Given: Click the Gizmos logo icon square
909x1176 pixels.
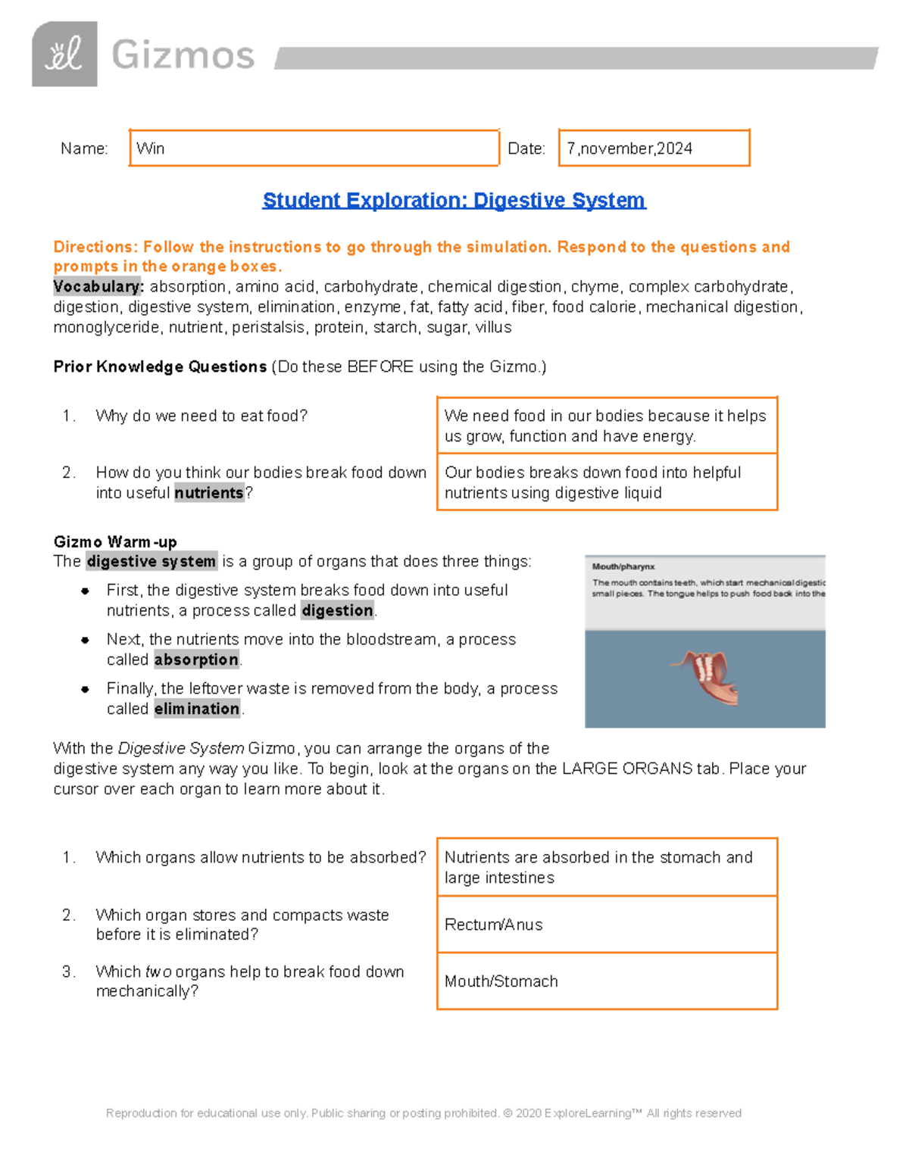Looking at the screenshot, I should coord(64,54).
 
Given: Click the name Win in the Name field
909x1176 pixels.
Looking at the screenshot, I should coord(151,148).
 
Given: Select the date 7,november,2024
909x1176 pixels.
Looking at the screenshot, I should coord(629,148).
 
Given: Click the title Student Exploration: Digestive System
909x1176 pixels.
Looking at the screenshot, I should coord(454,200).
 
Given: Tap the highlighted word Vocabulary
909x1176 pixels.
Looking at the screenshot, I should coord(98,287).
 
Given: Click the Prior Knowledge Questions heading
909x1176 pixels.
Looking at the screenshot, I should coord(160,367).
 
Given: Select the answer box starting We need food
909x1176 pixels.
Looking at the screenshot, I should coord(606,426).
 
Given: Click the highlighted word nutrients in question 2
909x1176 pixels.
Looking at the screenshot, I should coord(209,493).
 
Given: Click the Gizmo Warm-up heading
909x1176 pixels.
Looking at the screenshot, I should coord(115,541).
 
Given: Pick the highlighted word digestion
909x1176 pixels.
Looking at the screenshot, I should coord(338,610).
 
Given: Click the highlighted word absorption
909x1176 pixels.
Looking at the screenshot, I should coord(196,660).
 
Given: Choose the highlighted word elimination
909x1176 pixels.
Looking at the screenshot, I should coord(197,709).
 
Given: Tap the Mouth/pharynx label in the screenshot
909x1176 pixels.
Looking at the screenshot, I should coord(623,566).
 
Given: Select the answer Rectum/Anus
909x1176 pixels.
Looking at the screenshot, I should coord(494,925).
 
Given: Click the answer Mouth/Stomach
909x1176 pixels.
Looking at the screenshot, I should coord(501,981).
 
